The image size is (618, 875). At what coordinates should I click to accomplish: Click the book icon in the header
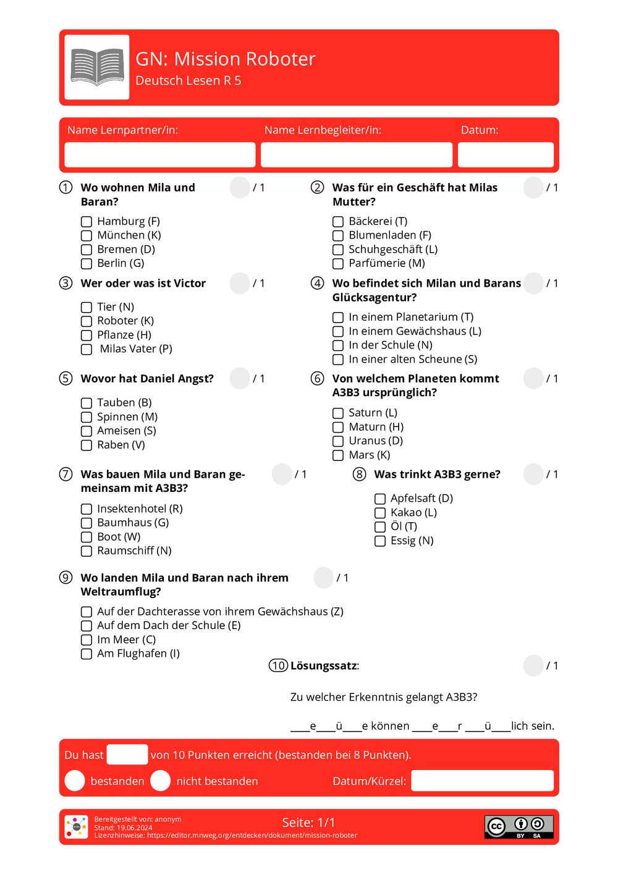[97, 67]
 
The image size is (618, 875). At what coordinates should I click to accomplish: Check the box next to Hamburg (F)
[87, 221]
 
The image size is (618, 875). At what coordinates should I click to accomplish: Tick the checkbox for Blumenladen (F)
[338, 235]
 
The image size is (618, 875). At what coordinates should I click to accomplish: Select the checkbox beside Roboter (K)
[87, 321]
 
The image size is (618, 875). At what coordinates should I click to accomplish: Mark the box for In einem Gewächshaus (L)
[338, 332]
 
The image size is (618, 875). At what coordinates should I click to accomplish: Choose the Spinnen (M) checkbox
[87, 417]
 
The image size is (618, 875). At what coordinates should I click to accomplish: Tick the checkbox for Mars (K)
[338, 455]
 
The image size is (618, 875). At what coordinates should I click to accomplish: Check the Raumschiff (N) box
[87, 551]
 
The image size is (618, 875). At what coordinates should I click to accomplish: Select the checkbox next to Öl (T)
[380, 527]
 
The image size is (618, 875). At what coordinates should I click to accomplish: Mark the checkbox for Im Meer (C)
[87, 640]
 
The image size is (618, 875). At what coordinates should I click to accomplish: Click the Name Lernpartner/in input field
[159, 154]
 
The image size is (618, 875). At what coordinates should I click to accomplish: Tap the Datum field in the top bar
[506, 154]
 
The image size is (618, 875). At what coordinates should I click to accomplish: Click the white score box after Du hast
[127, 755]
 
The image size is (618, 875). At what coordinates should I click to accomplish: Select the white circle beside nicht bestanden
[160, 781]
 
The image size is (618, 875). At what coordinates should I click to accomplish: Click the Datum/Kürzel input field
[482, 781]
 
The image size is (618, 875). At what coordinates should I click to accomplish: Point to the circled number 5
[66, 378]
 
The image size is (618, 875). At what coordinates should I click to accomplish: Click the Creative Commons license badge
[519, 827]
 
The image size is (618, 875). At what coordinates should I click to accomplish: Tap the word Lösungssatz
[324, 666]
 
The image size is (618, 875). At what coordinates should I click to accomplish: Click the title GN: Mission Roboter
[226, 59]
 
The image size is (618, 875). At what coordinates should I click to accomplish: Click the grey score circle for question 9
[323, 578]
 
